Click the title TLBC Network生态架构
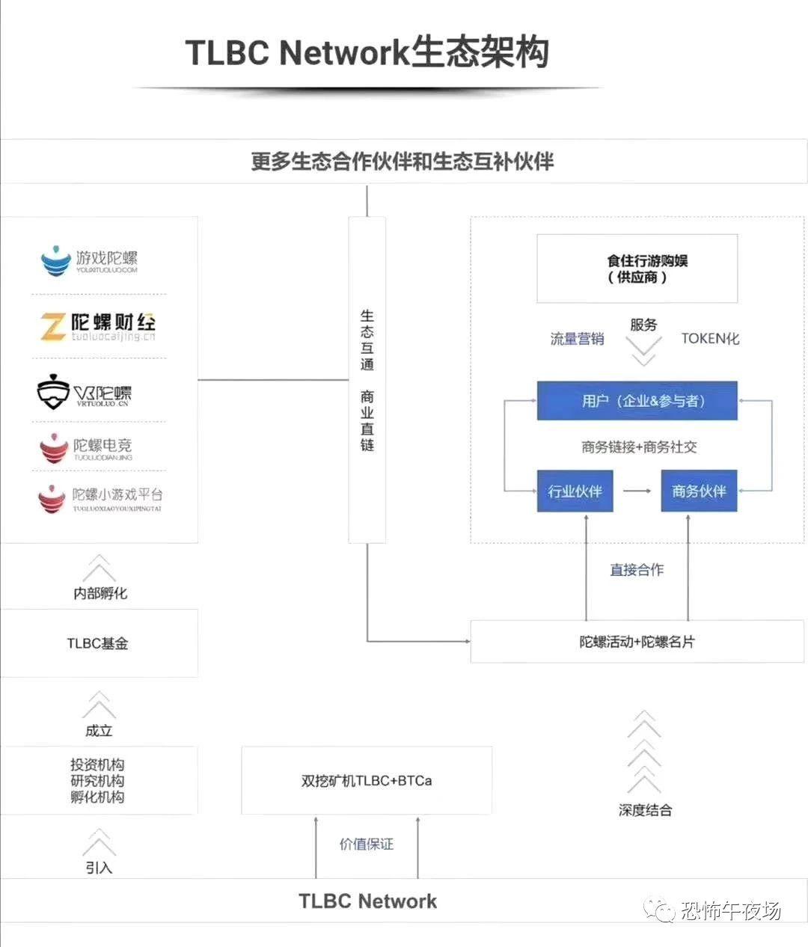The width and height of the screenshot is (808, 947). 367,52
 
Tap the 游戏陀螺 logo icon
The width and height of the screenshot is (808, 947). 55,260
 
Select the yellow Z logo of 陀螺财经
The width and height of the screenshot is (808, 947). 52,327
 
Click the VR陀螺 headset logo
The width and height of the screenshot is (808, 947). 53,393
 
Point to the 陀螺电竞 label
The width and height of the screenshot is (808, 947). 102,446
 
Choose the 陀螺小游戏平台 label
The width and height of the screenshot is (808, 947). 117,495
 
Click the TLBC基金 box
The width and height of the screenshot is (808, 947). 98,643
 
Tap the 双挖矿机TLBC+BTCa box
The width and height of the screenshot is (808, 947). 367,780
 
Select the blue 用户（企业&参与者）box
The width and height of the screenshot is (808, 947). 637,401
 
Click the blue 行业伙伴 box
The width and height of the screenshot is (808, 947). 575,491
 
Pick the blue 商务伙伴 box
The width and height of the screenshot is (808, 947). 699,491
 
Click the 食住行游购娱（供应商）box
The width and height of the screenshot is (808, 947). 637,269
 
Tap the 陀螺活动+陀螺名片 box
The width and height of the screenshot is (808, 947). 637,642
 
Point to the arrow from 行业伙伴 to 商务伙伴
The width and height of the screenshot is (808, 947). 637,491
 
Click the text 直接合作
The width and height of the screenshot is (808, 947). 637,570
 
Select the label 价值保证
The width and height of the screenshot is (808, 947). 367,845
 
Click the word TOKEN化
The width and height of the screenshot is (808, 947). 710,339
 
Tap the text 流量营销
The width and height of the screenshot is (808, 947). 578,339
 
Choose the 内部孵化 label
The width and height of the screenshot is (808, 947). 100,593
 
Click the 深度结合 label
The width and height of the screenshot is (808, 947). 645,810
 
